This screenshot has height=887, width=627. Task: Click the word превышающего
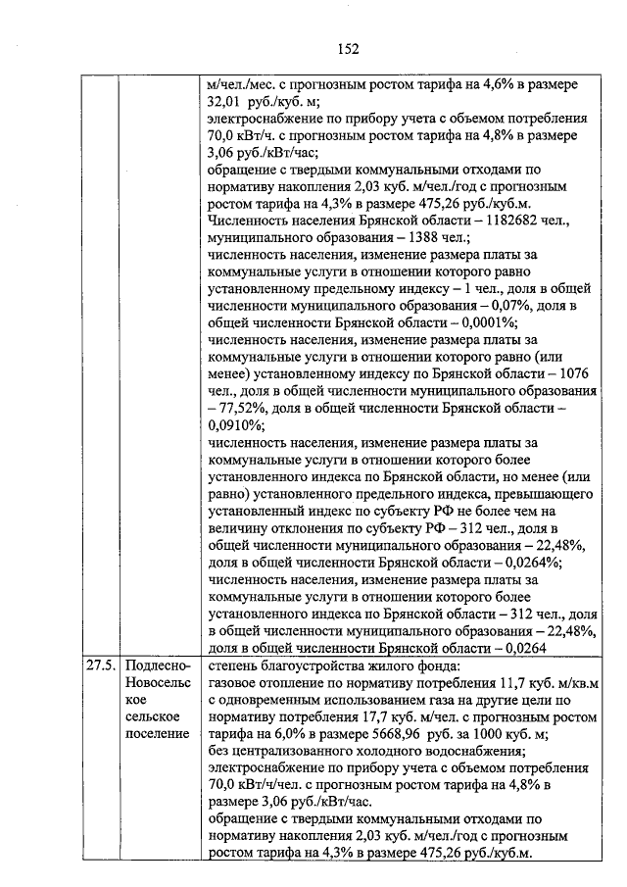point(516,494)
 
